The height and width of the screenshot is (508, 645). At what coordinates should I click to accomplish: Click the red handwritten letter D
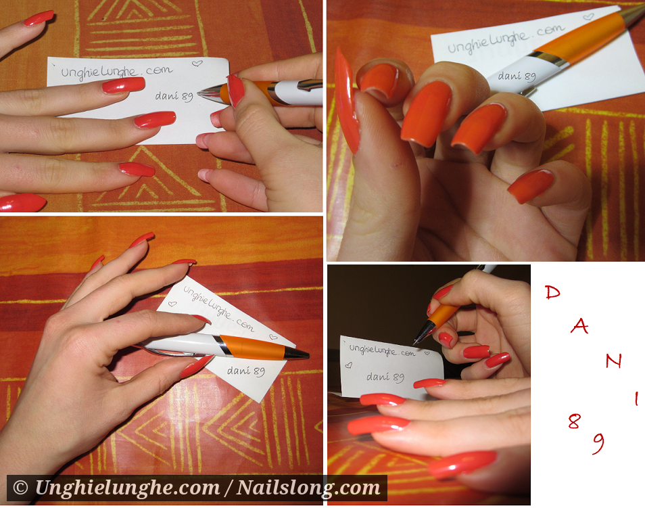coord(552,292)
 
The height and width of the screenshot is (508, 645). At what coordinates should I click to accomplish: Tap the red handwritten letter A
coord(579,326)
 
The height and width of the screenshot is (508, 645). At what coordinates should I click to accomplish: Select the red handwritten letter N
coord(613,361)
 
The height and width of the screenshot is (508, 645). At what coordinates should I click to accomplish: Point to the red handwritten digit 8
coord(574,421)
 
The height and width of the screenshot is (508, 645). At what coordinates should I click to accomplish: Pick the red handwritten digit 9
coord(599,443)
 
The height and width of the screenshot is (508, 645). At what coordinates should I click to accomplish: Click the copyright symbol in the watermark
coord(20,488)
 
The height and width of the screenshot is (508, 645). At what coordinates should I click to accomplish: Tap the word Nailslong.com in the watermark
coord(308,488)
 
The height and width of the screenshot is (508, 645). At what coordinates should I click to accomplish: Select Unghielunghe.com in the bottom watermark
coord(127,488)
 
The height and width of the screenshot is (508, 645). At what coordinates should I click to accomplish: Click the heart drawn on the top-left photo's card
coord(197,64)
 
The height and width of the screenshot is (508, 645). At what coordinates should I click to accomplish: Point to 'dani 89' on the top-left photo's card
coord(174,96)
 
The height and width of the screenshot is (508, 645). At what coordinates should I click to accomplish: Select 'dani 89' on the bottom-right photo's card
coord(385,377)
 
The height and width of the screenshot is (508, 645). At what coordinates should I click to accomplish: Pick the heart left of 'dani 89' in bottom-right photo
coord(348,365)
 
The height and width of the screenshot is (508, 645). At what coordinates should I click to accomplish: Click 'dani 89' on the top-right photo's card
coord(517,76)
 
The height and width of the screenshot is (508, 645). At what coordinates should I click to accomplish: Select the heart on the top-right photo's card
coord(589,17)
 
